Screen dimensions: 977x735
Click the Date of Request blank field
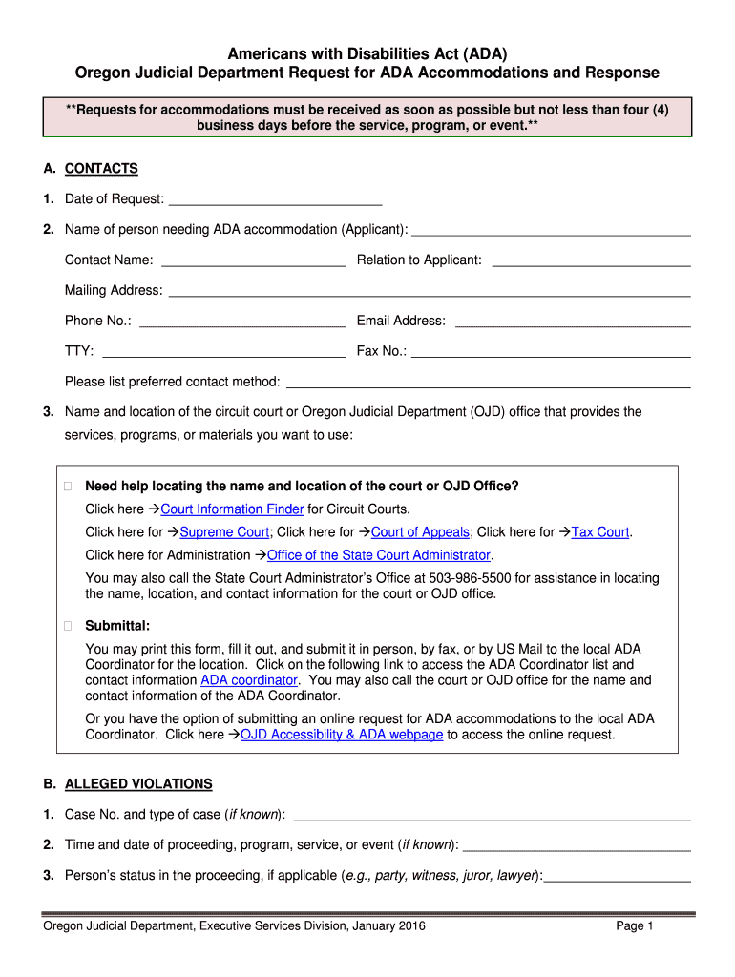point(275,199)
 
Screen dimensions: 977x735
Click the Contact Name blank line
point(253,260)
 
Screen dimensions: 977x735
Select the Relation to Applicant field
point(590,260)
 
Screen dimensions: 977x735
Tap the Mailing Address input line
point(429,291)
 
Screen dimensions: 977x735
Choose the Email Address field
point(573,322)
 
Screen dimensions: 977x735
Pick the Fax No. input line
point(550,352)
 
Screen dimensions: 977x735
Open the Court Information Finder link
point(232,509)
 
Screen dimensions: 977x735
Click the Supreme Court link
point(224,532)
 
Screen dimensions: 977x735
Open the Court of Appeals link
point(420,532)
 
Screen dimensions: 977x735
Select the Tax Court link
point(600,532)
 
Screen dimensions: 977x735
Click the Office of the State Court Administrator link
point(379,555)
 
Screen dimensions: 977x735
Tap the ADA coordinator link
point(249,680)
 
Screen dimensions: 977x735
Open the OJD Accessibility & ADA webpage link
point(342,735)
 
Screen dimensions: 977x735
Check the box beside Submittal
point(68,627)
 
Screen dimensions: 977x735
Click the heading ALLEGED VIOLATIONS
point(138,784)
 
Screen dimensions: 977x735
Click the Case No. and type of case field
point(492,815)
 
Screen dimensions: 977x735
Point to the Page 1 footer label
point(634,926)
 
